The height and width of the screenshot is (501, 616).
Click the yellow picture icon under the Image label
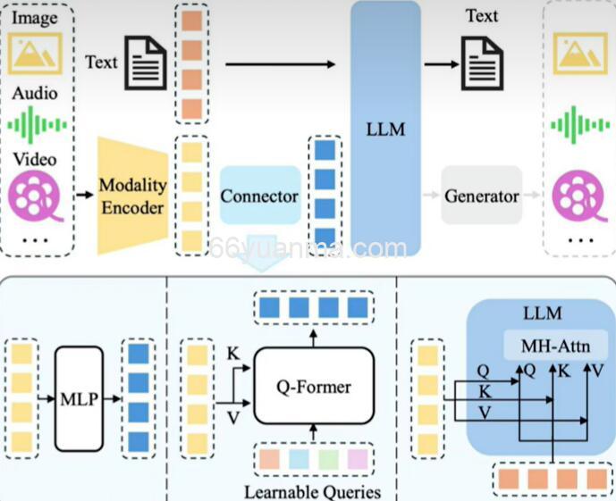(35, 53)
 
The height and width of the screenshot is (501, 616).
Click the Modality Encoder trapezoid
(132, 196)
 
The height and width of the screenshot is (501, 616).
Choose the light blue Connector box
(259, 196)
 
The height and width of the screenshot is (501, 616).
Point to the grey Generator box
(481, 196)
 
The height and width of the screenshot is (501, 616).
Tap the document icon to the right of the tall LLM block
(482, 63)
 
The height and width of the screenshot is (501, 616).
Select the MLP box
(80, 397)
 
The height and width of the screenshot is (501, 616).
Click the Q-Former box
(313, 387)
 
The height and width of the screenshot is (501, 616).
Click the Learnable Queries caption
(312, 492)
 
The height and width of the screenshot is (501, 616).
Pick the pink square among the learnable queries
(357, 461)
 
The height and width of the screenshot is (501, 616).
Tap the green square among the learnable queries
(328, 461)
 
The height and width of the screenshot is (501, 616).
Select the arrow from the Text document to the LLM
(280, 64)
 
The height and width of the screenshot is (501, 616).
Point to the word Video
(35, 159)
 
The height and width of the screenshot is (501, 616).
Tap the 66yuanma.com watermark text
(308, 249)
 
